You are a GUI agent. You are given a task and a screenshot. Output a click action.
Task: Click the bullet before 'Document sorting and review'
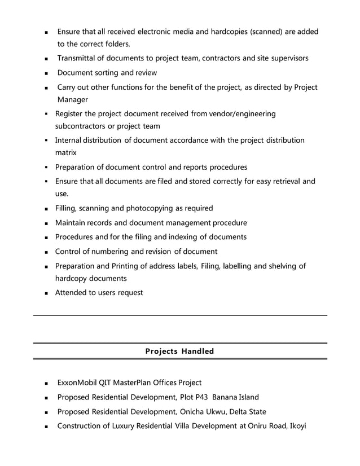[x=46, y=73]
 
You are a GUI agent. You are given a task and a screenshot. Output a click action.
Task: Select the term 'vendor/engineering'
[x=243, y=114]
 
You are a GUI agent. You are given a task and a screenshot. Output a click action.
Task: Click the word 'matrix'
[x=67, y=152]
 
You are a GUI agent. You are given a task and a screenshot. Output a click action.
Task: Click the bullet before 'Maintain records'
[x=45, y=223]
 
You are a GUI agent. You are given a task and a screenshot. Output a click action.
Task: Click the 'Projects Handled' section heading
[x=179, y=351]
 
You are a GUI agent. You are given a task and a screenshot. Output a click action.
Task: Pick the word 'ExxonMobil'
[x=77, y=383]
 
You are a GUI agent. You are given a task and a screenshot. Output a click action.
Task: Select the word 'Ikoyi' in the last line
[x=297, y=426]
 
